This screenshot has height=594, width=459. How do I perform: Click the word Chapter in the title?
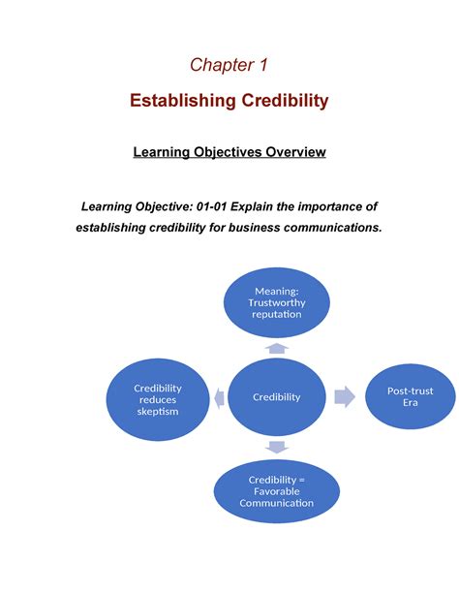click(x=222, y=65)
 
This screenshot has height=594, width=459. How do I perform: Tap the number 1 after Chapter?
click(x=263, y=64)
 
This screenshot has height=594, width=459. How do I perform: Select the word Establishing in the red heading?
click(x=183, y=101)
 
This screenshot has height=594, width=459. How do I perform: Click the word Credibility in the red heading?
click(x=285, y=101)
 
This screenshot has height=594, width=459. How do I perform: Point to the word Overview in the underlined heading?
click(x=295, y=152)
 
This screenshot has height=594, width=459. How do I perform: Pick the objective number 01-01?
click(x=211, y=206)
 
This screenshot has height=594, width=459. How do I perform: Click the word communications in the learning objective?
click(x=333, y=228)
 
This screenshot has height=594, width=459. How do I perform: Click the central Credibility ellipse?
click(x=276, y=397)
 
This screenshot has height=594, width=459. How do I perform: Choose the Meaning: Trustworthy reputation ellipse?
click(x=276, y=302)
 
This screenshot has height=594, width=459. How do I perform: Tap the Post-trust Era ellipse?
click(x=411, y=396)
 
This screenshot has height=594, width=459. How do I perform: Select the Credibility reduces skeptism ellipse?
click(x=158, y=399)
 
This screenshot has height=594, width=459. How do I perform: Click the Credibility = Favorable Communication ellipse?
click(x=276, y=491)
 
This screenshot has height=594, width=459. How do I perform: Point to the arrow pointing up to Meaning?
click(x=277, y=348)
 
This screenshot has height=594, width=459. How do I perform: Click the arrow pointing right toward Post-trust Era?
click(x=345, y=396)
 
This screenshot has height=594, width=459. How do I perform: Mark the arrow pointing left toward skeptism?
click(x=219, y=398)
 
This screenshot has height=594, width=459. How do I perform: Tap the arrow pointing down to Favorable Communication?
click(x=277, y=447)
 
